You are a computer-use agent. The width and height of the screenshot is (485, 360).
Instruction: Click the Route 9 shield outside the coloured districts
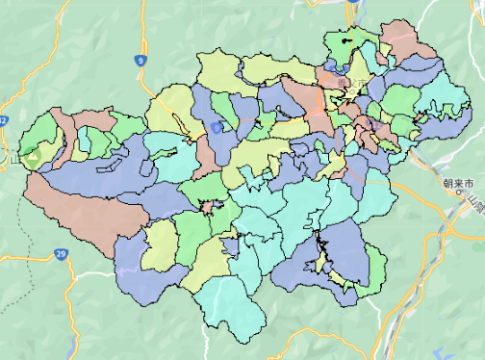[x=142, y=61]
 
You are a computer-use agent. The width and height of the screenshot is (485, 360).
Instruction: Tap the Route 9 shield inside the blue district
[x=217, y=126]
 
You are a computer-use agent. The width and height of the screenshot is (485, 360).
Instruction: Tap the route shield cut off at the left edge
[x=3, y=120]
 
